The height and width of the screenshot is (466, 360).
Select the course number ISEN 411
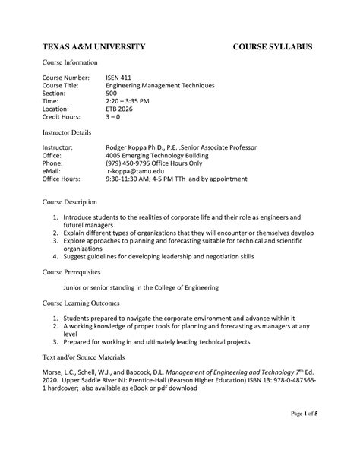point(118,78)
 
